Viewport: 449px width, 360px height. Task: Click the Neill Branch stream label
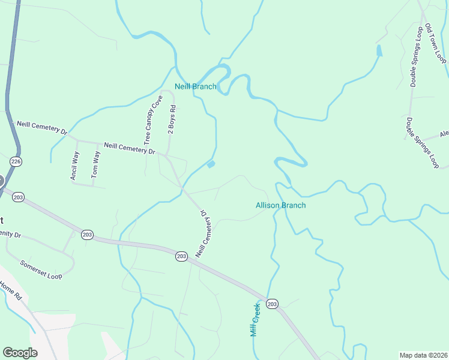coord(195,86)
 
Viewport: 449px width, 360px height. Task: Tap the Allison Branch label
coord(280,205)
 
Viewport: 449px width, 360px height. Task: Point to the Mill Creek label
coord(255,319)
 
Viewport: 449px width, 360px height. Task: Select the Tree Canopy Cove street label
coord(153,119)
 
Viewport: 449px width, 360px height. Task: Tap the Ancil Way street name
coord(74,166)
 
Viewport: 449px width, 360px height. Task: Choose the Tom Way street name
coord(95,164)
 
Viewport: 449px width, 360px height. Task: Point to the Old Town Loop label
coord(436,44)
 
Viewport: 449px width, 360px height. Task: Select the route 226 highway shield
coord(16,161)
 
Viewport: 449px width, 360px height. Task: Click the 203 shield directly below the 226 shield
coord(19,197)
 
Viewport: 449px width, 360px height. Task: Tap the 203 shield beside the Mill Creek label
coord(273,304)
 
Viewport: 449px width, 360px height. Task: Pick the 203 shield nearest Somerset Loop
coord(88,235)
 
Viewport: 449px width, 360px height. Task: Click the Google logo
coord(20,353)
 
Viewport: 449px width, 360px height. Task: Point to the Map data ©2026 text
coord(423,355)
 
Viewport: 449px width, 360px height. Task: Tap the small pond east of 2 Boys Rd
coord(211,164)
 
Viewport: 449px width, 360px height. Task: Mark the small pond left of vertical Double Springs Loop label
coord(379,50)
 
